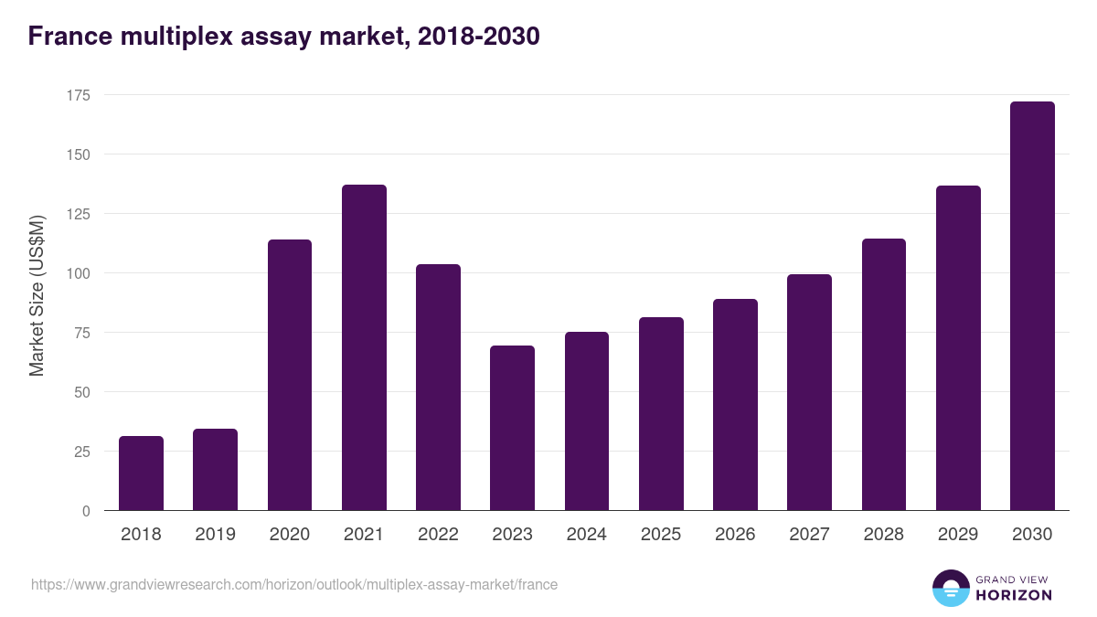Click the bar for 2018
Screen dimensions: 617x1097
coord(141,473)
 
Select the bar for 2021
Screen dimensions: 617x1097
coord(364,347)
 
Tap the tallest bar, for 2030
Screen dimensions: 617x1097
coord(1032,306)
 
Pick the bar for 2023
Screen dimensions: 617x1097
coord(512,428)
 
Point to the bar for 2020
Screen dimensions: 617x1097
coord(290,375)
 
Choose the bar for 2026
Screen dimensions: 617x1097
coord(735,405)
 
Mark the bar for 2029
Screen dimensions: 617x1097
coord(958,348)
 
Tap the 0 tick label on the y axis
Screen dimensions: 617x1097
coord(86,511)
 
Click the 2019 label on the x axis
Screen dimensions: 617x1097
coord(216,535)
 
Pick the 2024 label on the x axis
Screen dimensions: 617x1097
coord(586,535)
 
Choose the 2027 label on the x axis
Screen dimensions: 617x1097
coord(809,535)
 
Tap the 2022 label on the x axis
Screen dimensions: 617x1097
coord(438,535)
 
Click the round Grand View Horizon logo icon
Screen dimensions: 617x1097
coord(951,588)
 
